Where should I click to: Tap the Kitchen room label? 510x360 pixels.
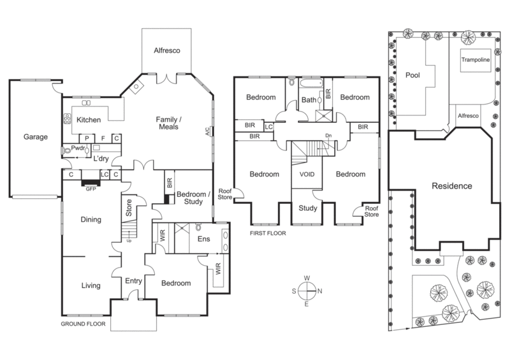tap(90, 120)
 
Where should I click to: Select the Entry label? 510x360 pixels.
tap(134, 281)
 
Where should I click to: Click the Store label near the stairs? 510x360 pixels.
tap(129, 205)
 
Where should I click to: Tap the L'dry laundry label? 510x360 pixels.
tap(103, 159)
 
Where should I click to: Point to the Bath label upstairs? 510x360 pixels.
tap(309, 100)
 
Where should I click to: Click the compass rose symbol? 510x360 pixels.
tap(307, 290)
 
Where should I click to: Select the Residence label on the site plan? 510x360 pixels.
tap(451, 187)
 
